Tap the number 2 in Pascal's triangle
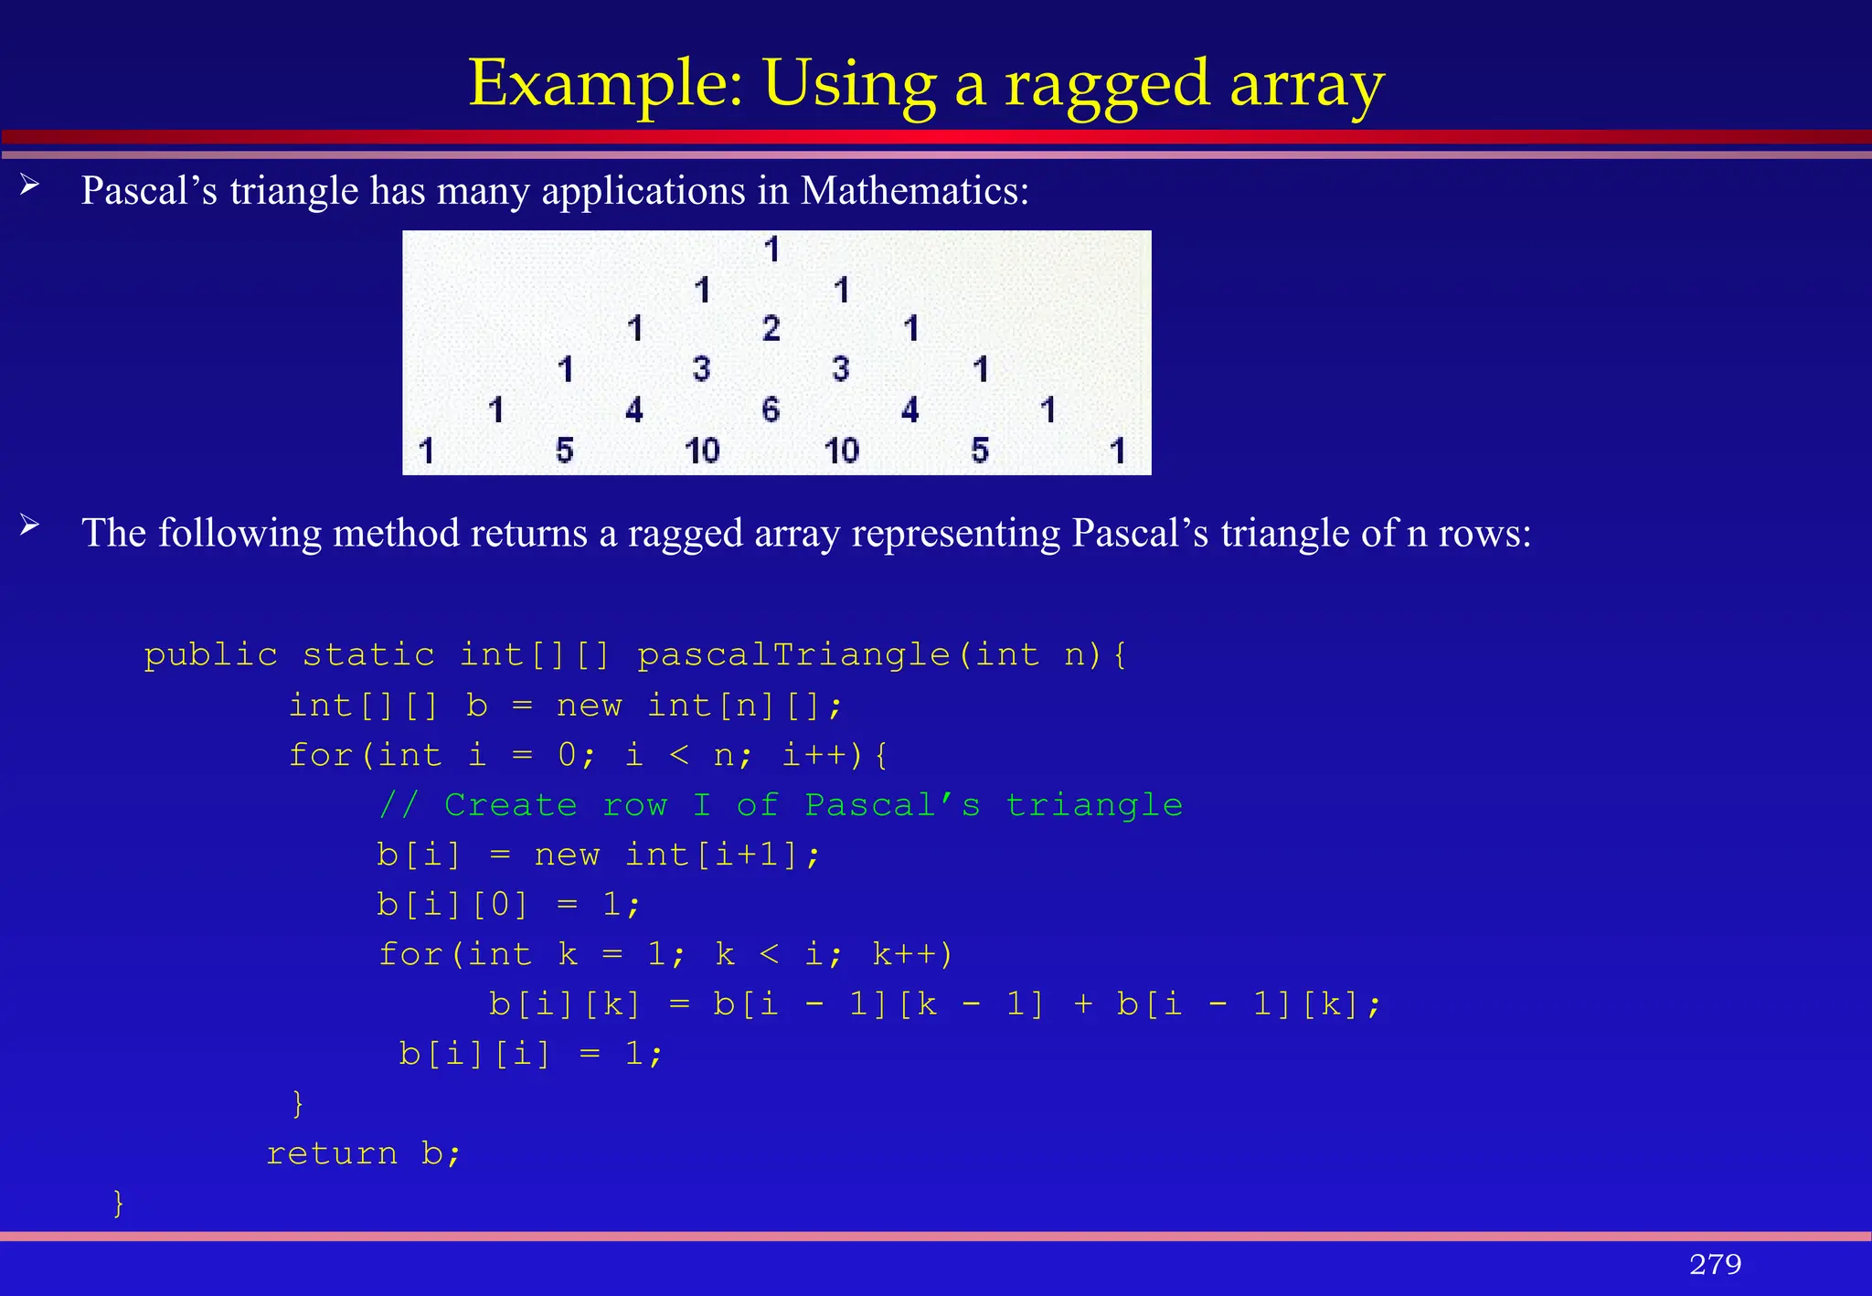pos(771,328)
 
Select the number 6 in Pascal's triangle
pos(771,409)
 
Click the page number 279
pos(1715,1264)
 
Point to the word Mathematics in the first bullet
pos(914,191)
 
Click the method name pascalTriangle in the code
pos(793,655)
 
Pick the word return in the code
pos(332,1153)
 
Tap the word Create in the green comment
pos(510,805)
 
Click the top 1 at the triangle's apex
pos(771,249)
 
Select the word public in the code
pos(211,655)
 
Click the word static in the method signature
pos(368,655)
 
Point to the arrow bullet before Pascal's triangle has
pos(30,186)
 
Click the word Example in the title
pos(604,84)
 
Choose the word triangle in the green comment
pos(1094,805)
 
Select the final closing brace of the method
pos(118,1203)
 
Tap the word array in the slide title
pos(1306,84)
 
